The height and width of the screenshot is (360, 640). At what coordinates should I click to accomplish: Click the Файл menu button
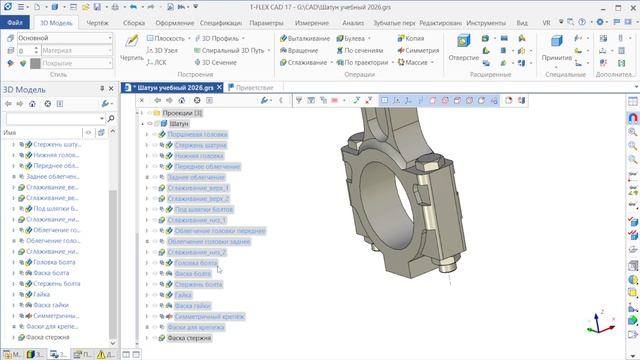coord(15,21)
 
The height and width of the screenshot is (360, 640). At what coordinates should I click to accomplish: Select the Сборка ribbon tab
coord(133,21)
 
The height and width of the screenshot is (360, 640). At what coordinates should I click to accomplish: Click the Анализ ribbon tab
coord(353,21)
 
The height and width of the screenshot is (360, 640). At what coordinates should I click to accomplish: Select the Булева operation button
coord(353,37)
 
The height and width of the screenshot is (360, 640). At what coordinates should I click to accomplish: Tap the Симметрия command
coord(418,49)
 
